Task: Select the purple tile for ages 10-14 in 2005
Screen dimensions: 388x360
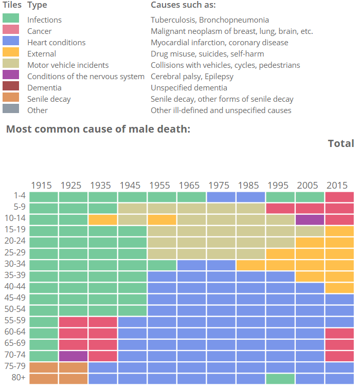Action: (x=310, y=219)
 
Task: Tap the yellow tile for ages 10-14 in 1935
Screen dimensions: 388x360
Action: (x=102, y=219)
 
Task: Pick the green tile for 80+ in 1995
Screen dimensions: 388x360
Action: (x=280, y=378)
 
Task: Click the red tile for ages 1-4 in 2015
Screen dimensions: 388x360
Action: (x=339, y=196)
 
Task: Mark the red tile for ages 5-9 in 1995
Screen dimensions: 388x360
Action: (x=280, y=208)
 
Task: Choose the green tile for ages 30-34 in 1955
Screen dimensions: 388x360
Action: (x=161, y=265)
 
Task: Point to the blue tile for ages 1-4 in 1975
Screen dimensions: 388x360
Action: (x=221, y=196)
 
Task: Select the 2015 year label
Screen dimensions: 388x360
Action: (x=337, y=185)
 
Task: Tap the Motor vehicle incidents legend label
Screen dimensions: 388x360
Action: (x=68, y=65)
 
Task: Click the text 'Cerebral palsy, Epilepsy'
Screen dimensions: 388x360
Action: (x=192, y=77)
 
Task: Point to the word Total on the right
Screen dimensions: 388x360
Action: (x=340, y=143)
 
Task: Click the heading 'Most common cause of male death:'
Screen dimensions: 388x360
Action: (x=98, y=128)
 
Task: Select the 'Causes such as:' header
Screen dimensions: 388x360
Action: (x=183, y=5)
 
